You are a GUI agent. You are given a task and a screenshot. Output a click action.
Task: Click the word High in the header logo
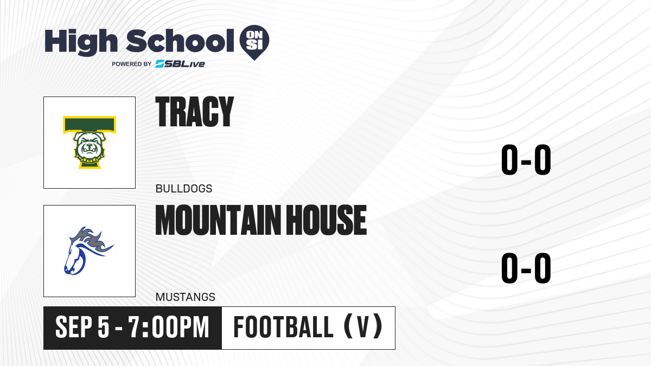[81, 42]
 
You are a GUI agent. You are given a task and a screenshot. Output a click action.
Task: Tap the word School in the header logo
[180, 41]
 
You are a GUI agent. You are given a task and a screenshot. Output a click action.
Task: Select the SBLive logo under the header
[180, 63]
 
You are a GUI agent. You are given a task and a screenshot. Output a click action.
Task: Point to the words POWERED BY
[132, 64]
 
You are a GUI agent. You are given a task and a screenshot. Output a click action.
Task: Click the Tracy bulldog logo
[90, 142]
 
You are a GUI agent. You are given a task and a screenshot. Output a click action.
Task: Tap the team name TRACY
[194, 112]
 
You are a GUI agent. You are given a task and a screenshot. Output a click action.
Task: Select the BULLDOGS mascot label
[184, 189]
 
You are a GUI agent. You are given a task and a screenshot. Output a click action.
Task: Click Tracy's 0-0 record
[526, 159]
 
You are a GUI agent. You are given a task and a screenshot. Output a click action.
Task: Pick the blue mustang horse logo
[88, 251]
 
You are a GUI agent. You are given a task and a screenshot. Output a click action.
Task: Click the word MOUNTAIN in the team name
[218, 220]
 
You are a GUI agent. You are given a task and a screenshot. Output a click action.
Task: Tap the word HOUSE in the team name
[327, 220]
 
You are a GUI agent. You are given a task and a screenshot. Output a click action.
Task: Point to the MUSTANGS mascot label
[186, 297]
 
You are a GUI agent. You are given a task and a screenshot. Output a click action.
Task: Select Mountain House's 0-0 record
[526, 268]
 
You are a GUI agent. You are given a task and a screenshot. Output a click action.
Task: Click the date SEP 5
[82, 327]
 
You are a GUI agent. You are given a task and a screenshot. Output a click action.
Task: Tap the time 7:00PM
[169, 327]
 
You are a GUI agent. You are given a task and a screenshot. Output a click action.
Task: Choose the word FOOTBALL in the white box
[283, 327]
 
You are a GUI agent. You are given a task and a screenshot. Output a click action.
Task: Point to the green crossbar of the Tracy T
[90, 125]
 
